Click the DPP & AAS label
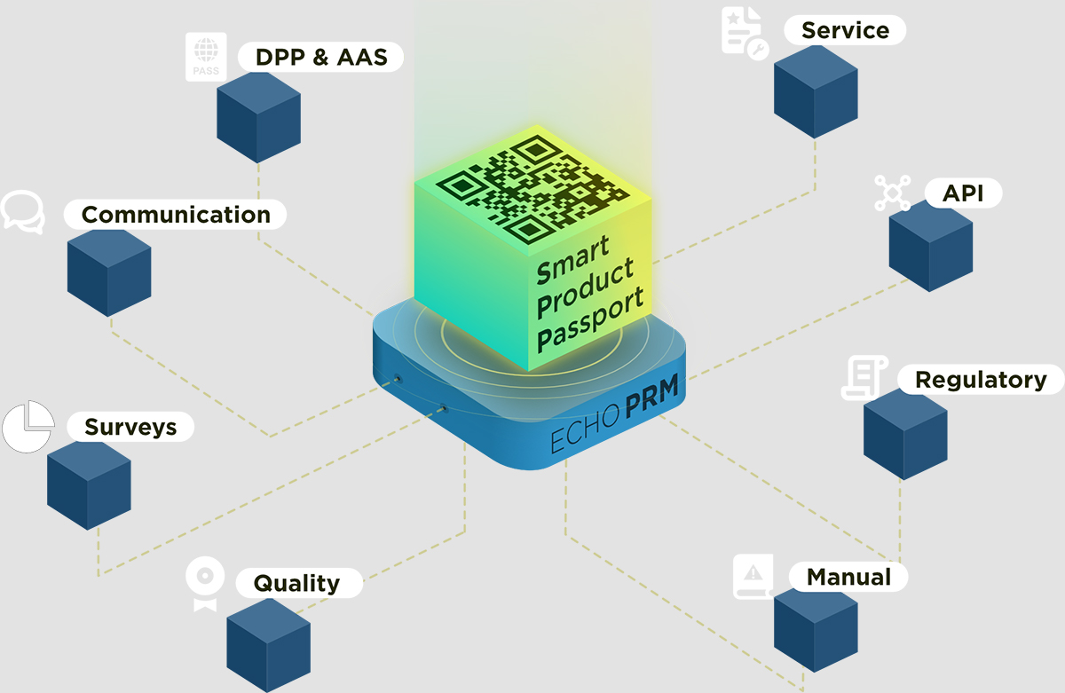(321, 58)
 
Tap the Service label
(844, 30)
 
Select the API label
(963, 193)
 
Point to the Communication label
(176, 215)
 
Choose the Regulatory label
(980, 380)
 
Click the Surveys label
(130, 427)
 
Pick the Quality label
(296, 583)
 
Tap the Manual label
(848, 577)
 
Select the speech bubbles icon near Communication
(22, 211)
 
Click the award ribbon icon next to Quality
(205, 583)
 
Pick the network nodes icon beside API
(892, 193)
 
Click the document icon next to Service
(743, 32)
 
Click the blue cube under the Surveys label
(89, 484)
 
